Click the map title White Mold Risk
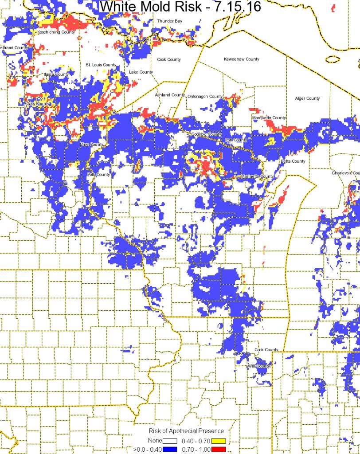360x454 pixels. click(180, 7)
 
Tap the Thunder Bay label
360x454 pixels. click(170, 21)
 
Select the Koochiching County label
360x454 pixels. click(56, 32)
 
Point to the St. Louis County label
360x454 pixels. click(101, 65)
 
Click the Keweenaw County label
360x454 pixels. click(242, 59)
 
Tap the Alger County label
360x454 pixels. click(307, 98)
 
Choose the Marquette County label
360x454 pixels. click(269, 118)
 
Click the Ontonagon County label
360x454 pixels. click(205, 96)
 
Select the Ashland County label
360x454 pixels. click(170, 95)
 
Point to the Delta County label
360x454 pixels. click(293, 161)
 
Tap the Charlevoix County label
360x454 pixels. click(346, 173)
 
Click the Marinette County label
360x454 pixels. click(257, 176)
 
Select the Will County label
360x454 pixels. click(259, 366)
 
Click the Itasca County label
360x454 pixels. click(56, 74)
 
